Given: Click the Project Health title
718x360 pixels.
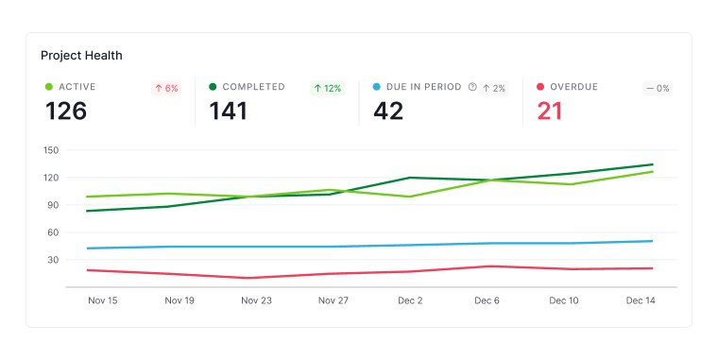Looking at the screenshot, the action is pos(81,56).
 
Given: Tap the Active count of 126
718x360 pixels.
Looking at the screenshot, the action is pos(66,111).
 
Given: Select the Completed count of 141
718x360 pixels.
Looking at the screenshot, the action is pos(228,111).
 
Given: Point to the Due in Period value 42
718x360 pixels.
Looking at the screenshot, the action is pos(388,111).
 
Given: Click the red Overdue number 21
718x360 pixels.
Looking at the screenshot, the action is pos(550,111).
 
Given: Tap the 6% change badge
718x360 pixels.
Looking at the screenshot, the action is pos(166,88).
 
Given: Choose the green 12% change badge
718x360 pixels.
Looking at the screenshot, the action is pos(328,88).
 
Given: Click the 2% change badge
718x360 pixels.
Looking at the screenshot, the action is pos(493,88).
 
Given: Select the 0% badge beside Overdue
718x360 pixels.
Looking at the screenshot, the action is pos(658,88).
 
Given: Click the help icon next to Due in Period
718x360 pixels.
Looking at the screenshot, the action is pos(472,87).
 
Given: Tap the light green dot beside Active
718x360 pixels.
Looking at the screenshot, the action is pos(49,87).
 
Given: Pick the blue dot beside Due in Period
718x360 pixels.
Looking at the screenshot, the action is pos(376,87).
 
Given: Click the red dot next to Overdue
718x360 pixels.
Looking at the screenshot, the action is pos(540,87).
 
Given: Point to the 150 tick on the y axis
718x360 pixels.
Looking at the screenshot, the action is pos(51,150).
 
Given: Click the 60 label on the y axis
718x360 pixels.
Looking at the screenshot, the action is pos(53,232).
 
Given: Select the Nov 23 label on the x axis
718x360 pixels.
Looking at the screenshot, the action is pos(256,300).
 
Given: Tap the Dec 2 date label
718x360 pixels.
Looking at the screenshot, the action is pos(410,300).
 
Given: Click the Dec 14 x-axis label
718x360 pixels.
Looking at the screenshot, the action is pos(641,300).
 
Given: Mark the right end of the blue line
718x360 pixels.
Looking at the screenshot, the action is pos(652,241).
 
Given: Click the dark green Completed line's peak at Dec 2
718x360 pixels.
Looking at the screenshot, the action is pos(409,178).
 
